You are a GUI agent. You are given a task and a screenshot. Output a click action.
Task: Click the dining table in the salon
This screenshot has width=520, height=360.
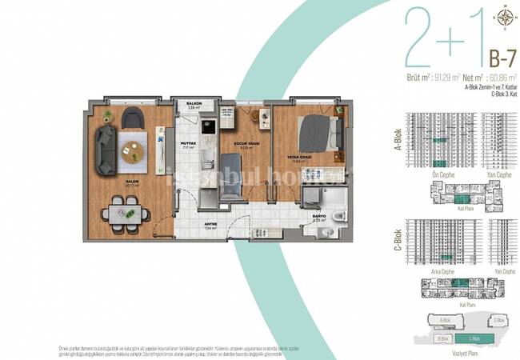coord(125,214)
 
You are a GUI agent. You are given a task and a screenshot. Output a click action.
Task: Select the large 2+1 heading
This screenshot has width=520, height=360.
coord(442,38)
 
